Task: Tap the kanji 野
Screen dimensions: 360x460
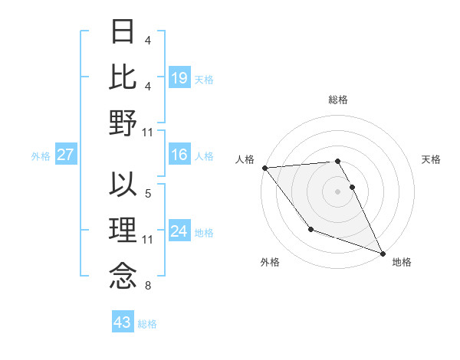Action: pyautogui.click(x=123, y=123)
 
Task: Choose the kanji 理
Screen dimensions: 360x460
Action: pyautogui.click(x=123, y=231)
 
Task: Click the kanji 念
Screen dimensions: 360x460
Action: pyautogui.click(x=123, y=277)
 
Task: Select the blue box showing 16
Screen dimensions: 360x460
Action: pyautogui.click(x=179, y=155)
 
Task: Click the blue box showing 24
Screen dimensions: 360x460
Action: pyautogui.click(x=179, y=231)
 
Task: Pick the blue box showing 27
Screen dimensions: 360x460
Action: pyautogui.click(x=66, y=155)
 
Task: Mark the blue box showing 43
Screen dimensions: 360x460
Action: pyautogui.click(x=123, y=322)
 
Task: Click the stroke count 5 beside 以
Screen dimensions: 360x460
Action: pyautogui.click(x=148, y=194)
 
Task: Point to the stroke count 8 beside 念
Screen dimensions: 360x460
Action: pyautogui.click(x=148, y=286)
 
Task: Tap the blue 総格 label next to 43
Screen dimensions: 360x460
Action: pyautogui.click(x=148, y=324)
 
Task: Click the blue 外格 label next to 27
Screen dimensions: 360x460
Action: pyautogui.click(x=41, y=156)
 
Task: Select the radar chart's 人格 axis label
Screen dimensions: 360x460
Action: pyautogui.click(x=245, y=160)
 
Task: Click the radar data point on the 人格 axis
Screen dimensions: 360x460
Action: pyautogui.click(x=264, y=168)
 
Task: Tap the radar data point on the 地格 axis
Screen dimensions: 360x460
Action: pyautogui.click(x=383, y=254)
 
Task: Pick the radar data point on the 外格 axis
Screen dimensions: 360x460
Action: pyautogui.click(x=310, y=229)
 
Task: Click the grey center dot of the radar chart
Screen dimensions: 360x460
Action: pyautogui.click(x=337, y=191)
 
